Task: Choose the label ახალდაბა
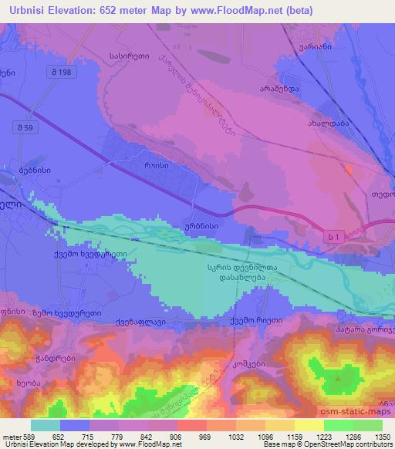click(329, 123)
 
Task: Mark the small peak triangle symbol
click(338, 379)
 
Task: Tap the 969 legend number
click(193, 436)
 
